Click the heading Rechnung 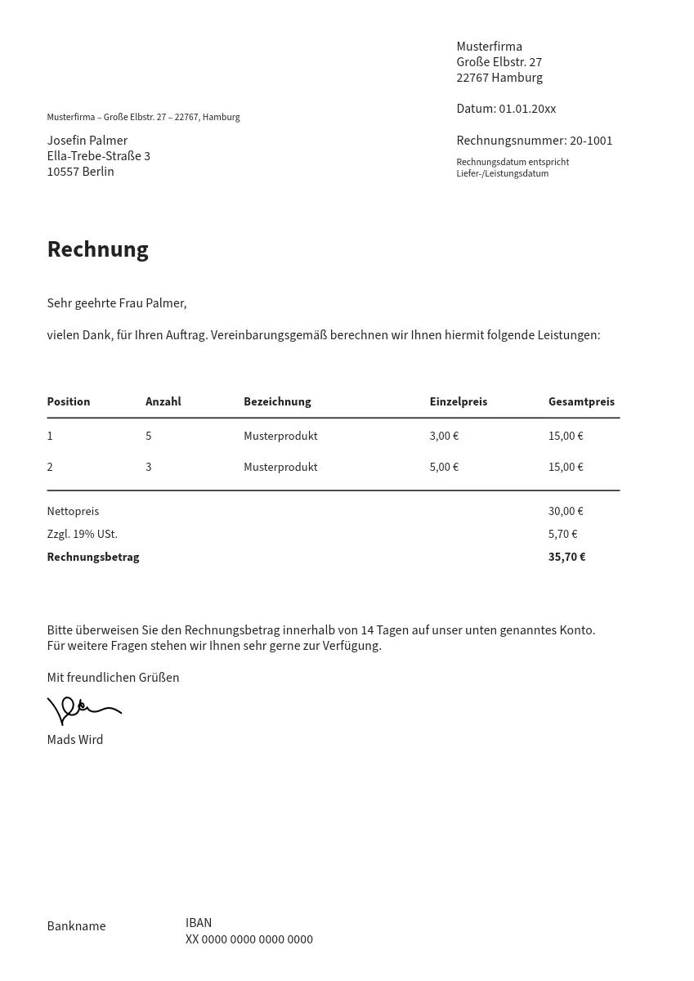[97, 249]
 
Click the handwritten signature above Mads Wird [83, 710]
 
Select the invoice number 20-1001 [591, 141]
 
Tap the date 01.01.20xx [527, 109]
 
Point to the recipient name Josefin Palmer [87, 141]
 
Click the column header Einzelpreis [458, 401]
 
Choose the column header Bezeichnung [277, 401]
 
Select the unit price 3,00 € [444, 436]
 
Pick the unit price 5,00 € [444, 467]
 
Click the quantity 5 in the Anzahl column [149, 436]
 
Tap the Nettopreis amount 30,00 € [566, 511]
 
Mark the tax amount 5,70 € [562, 534]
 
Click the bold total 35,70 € [566, 557]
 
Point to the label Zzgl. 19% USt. [82, 534]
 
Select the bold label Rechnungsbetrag [93, 557]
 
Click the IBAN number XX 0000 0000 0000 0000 [248, 939]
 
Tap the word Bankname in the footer [76, 926]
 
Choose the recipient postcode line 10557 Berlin [80, 172]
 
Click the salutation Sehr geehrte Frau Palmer [116, 303]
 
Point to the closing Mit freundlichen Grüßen [113, 678]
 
